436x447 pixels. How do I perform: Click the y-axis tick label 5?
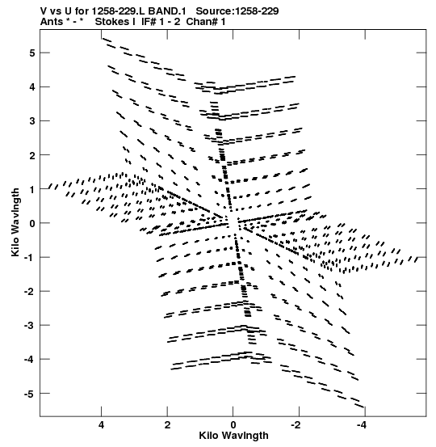[31, 53]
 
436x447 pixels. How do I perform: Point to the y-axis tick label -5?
[30, 394]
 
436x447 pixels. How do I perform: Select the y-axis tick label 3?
[31, 121]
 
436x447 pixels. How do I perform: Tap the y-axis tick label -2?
[30, 291]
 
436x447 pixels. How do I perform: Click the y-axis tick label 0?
[31, 223]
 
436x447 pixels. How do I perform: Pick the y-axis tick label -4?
[30, 360]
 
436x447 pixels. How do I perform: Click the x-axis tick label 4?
[101, 425]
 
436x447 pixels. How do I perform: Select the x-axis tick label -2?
[296, 425]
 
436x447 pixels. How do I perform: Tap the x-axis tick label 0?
[233, 425]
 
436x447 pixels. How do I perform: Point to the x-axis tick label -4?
[363, 425]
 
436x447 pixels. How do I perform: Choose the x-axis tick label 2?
[167, 425]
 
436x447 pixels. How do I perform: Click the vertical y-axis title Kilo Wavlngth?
[15, 222]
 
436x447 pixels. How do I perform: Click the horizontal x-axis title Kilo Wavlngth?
[233, 436]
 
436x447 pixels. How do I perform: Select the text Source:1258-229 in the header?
[237, 11]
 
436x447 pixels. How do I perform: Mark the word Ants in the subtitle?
[51, 22]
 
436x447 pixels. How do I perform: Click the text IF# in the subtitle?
[149, 22]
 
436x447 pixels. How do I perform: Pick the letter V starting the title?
[44, 11]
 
